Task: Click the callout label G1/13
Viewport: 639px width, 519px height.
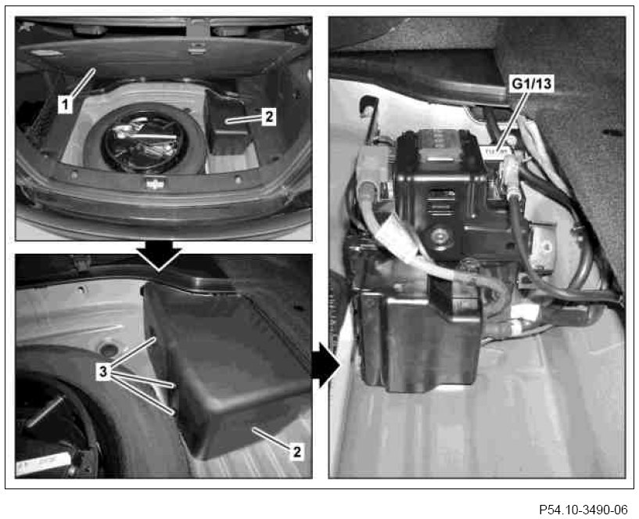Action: coord(531,84)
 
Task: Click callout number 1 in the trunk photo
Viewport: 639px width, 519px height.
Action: coord(65,105)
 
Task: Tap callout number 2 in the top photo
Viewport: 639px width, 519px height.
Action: coord(268,117)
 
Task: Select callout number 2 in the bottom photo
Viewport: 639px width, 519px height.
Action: coord(296,452)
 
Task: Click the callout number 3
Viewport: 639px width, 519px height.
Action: coord(103,372)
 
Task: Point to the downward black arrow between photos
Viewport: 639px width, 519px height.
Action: coord(160,256)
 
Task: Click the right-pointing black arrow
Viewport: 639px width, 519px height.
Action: coord(325,365)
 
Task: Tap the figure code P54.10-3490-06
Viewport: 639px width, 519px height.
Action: coord(583,510)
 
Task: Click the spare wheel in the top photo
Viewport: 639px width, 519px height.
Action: coord(144,139)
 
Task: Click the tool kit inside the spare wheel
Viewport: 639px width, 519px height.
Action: coord(143,141)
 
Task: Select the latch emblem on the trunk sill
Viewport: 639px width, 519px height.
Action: coord(156,184)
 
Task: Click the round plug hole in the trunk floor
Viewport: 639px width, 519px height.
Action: coord(108,349)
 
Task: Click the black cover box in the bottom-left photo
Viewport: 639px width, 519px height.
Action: coord(228,367)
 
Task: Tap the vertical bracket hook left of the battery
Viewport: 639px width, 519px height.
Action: coord(369,118)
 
